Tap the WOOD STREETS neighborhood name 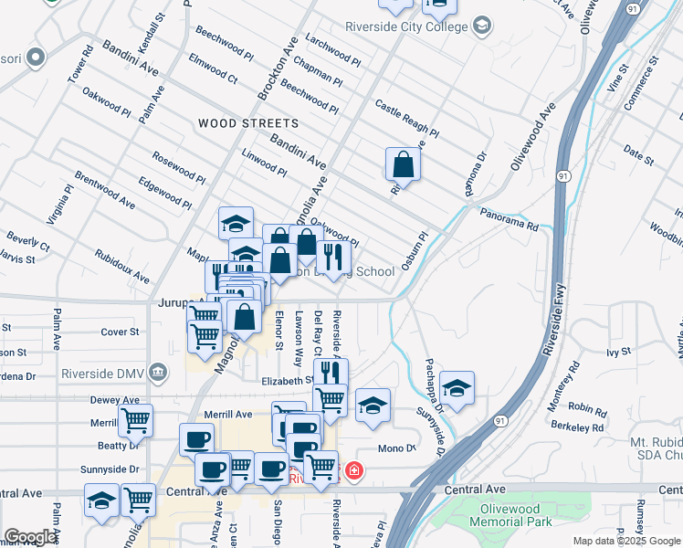click(248, 122)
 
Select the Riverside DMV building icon click(158, 372)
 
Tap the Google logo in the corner click(31, 537)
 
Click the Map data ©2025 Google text click(625, 541)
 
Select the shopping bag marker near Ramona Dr click(403, 166)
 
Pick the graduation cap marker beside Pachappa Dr click(457, 388)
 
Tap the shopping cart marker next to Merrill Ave click(135, 422)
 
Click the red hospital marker click(352, 472)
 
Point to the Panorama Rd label click(510, 218)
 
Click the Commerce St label click(640, 84)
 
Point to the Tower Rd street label click(80, 63)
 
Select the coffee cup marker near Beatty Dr click(196, 441)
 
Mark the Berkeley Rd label click(585, 427)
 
